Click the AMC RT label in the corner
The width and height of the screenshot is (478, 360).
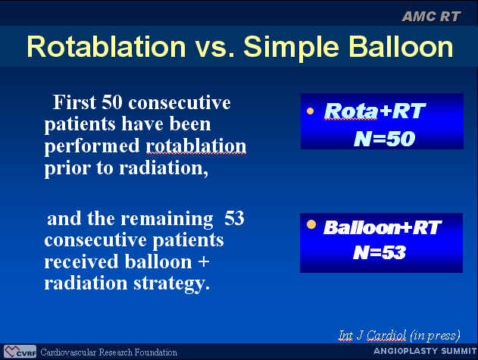pos(431,17)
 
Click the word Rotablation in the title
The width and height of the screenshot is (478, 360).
pos(106,47)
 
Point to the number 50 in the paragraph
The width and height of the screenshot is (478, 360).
pos(112,102)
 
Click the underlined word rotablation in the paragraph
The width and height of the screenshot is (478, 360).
pos(196,146)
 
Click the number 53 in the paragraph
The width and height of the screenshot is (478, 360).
pos(234,218)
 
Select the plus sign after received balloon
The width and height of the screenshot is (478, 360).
pos(204,262)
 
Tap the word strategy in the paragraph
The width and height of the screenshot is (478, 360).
pos(172,284)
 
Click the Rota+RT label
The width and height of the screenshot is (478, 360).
pos(375,111)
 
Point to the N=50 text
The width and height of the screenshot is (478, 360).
pos(384,139)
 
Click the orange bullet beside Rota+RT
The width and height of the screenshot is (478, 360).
pos(311,111)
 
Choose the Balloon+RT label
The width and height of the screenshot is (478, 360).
pos(383,227)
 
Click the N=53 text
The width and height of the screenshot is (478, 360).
pos(380,252)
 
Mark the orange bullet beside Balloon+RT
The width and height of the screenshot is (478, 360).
pos(311,224)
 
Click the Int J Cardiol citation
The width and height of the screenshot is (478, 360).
pos(399,336)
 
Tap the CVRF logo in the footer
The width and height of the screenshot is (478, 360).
pos(20,352)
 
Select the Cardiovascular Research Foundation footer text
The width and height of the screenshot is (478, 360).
pos(108,352)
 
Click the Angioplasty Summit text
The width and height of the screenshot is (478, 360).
pos(425,351)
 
